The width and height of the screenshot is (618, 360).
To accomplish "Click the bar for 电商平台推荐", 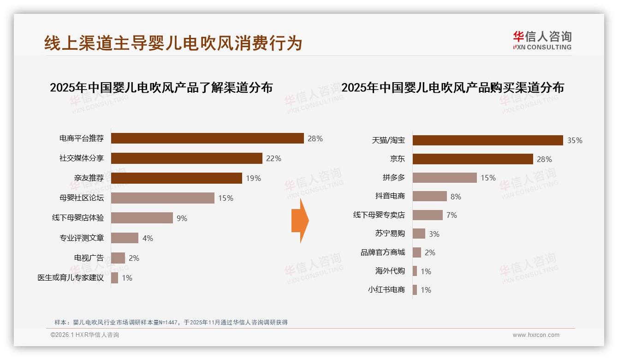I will point(207,138).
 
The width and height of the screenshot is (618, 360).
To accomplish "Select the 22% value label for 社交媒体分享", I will point(273,158).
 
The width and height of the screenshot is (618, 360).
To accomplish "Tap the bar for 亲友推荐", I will point(176,178).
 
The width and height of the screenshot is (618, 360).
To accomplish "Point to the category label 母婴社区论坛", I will point(82,198).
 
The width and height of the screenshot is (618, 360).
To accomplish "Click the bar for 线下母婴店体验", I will point(142,218).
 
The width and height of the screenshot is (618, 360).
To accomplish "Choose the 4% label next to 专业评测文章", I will point(148,238).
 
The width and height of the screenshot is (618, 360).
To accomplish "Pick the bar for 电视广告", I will point(118,258).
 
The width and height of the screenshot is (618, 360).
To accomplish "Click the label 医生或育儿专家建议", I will point(71,278).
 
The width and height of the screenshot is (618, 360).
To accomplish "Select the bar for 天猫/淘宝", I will point(487,140).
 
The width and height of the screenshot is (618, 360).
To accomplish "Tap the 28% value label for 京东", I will point(544,159).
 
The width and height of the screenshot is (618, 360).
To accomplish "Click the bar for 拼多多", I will point(445,178).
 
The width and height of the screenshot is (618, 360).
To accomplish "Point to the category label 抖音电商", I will point(390,196).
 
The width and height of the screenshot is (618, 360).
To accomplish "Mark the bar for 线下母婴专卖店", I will point(428,215).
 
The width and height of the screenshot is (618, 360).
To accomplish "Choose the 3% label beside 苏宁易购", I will point(434,234).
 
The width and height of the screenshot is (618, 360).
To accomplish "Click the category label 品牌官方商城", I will point(383,252).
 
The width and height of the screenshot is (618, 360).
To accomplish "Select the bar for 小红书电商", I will point(415,290).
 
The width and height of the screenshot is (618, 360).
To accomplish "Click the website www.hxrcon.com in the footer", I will point(536,335).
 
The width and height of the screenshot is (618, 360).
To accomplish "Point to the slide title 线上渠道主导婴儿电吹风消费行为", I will point(173,43).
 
